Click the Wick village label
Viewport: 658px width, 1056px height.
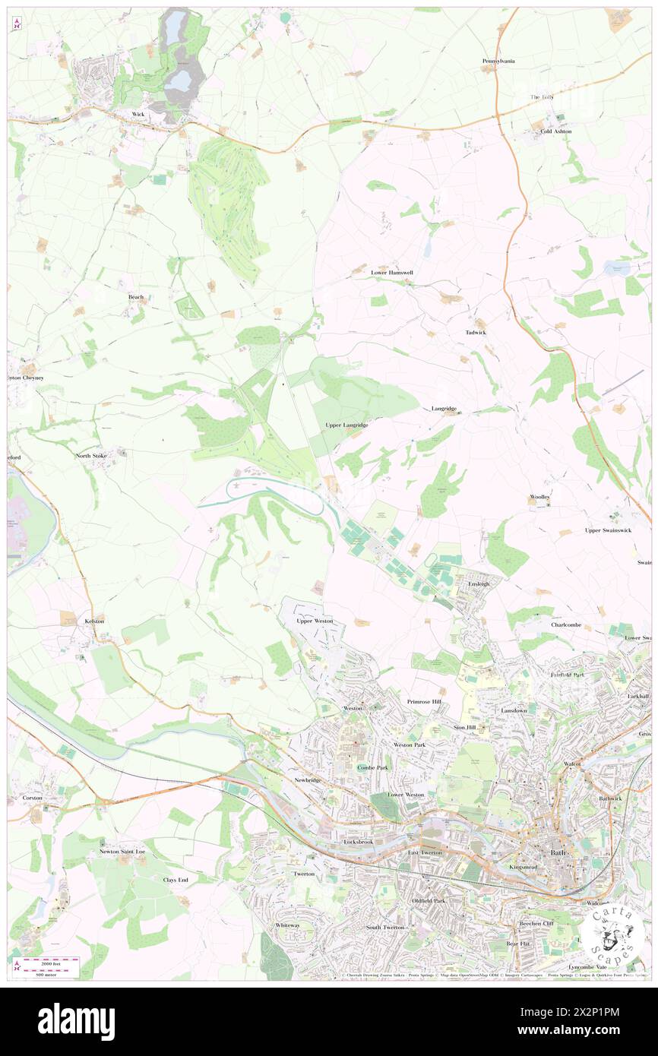[x=138, y=114]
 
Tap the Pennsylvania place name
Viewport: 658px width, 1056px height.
[x=498, y=61]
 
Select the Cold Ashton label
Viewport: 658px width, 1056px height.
[x=556, y=131]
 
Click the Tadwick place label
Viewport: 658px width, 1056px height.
[x=476, y=333]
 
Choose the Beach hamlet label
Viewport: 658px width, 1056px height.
[x=136, y=297]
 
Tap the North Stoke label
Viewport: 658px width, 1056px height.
[x=91, y=456]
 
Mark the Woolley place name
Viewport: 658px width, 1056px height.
[x=539, y=497]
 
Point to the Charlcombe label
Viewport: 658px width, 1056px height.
[x=566, y=624]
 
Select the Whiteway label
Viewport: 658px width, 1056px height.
[x=287, y=925]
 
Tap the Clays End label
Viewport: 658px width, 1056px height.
[x=175, y=879]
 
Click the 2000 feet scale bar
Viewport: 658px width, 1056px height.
[x=52, y=961]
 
